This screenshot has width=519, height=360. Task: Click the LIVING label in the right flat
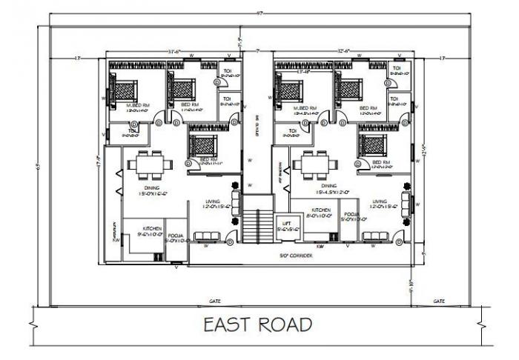click(x=380, y=201)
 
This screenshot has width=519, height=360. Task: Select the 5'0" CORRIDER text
click(x=296, y=256)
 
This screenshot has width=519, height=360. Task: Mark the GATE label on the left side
click(x=215, y=301)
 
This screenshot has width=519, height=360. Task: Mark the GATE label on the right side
click(x=438, y=301)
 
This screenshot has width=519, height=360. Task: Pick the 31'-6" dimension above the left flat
click(x=175, y=51)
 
